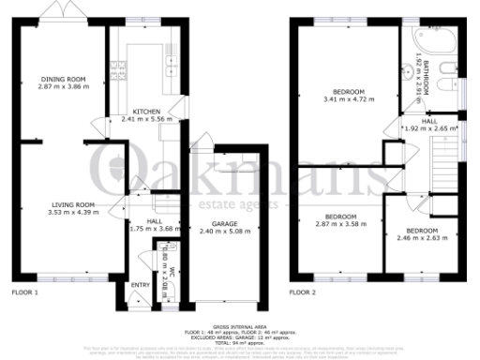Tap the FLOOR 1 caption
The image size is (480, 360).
[x=25, y=292]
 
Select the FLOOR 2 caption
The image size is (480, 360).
[x=303, y=292]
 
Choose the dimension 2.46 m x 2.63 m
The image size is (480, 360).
[x=420, y=237]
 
